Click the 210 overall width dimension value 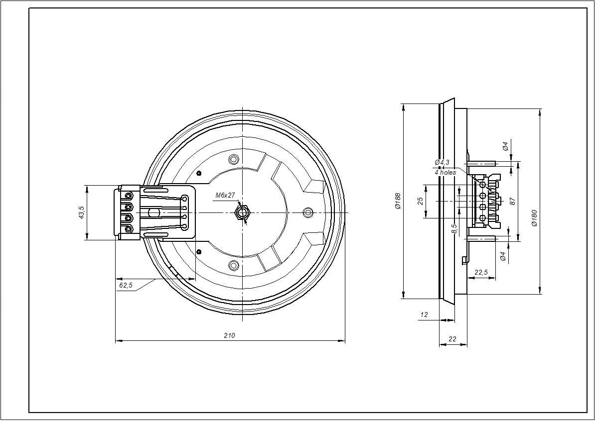point(229,335)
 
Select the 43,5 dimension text point(81,212)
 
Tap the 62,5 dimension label point(126,285)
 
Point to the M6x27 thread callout point(225,196)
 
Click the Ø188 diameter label point(398,201)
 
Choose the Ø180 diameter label point(534,218)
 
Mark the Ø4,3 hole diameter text point(442,162)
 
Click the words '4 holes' point(445,172)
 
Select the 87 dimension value point(512,201)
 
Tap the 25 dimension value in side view point(420,201)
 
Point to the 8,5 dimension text point(453,229)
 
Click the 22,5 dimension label point(481,272)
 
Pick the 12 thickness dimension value point(424,315)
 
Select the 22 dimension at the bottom point(452,339)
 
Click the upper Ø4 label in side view point(505,146)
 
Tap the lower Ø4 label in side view point(503,256)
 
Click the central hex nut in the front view point(242,213)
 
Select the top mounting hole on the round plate point(233,160)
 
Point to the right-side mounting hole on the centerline point(308,212)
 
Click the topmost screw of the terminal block point(129,195)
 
